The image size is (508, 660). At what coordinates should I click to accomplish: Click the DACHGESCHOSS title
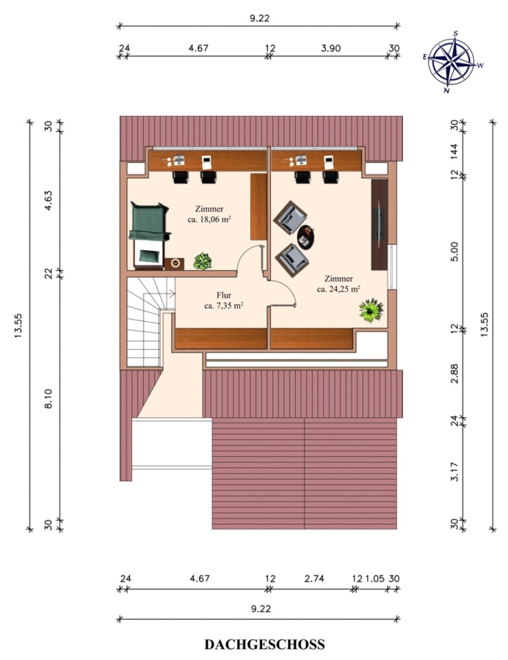click(264, 644)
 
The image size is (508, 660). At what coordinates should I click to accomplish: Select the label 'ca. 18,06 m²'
click(209, 219)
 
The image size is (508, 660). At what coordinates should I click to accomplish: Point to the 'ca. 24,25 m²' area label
click(338, 289)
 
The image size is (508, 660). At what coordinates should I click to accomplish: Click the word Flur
click(224, 295)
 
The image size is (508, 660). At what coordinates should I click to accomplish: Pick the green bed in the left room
click(150, 235)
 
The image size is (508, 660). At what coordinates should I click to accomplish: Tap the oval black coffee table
click(305, 237)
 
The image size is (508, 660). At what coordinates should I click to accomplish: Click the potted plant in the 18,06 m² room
click(202, 261)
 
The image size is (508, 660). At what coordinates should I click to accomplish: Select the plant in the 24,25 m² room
click(371, 310)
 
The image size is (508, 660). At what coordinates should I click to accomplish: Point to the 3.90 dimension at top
click(330, 48)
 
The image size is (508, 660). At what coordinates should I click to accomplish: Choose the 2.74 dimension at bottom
click(314, 578)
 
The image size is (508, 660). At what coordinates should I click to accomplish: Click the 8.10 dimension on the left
click(48, 398)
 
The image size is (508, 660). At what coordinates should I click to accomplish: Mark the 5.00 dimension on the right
click(454, 252)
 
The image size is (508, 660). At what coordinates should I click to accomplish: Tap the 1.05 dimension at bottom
click(374, 579)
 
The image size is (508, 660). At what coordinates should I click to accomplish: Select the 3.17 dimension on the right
click(454, 472)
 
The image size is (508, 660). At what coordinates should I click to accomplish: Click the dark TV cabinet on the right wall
click(379, 224)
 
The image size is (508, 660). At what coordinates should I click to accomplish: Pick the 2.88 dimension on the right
click(454, 373)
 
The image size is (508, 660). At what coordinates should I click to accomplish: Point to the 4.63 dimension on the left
click(48, 200)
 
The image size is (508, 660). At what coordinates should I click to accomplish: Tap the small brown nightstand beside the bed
click(174, 263)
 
